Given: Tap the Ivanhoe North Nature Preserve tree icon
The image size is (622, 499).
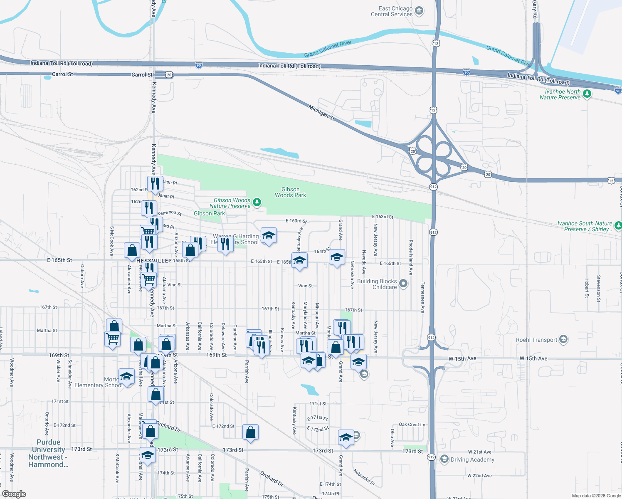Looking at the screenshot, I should tap(587, 94).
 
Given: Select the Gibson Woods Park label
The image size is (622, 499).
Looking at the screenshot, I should tap(290, 192).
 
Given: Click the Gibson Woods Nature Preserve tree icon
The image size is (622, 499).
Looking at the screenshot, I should tap(257, 202).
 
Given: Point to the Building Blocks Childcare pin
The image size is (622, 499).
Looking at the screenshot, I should tap(403, 284).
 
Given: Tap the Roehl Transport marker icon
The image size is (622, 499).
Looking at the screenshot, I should tap(563, 339).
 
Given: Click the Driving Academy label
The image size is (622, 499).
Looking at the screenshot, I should tap(472, 459).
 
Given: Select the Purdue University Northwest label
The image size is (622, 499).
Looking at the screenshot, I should tap(48, 453).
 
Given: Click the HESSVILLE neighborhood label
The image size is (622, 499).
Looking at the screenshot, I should tap(152, 261).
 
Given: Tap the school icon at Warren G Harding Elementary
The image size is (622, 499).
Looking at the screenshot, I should tap(269, 235).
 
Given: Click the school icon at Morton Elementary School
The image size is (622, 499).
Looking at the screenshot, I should tap(126, 377).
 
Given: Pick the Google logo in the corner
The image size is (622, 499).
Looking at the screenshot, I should tap(14, 494).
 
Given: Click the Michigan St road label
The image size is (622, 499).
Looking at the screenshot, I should tap(321, 113).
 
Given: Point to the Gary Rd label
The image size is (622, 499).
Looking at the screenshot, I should tap(535, 9).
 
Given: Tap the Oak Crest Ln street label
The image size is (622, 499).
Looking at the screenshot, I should tap(412, 425).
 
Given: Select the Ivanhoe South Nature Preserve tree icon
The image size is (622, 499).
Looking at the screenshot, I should tap(618, 225).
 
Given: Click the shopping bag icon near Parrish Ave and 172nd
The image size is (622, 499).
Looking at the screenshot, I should tap(250, 432).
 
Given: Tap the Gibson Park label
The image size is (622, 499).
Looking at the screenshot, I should tap(209, 213).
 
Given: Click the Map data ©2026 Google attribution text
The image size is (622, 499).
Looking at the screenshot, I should tap(596, 496).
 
